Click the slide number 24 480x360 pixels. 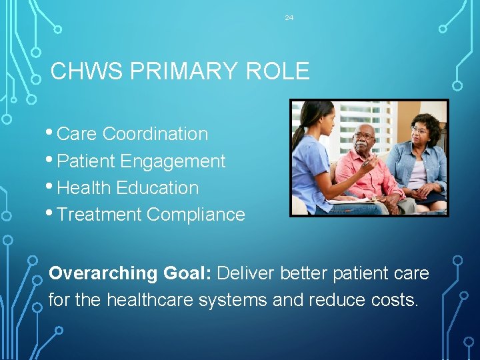pos(289,18)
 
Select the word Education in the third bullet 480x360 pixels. pos(157,188)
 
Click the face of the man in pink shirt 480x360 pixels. pos(364,141)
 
